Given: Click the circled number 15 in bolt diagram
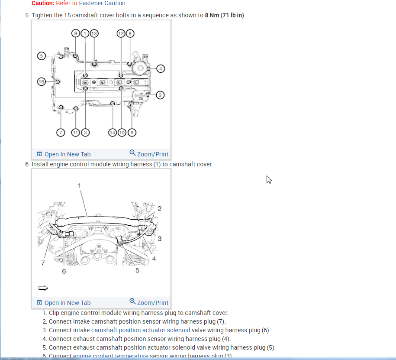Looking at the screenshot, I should click(41, 81).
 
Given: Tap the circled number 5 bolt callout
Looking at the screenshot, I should click(41, 56).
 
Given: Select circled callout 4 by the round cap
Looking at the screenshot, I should click(160, 68).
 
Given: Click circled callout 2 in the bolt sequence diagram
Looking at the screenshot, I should click(160, 95).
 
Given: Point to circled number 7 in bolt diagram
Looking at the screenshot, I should click(61, 132).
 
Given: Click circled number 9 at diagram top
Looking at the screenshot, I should click(76, 33).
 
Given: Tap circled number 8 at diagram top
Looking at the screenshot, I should click(129, 33).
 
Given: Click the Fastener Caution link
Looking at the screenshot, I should click(103, 3).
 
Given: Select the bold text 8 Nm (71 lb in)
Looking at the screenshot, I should click(225, 15).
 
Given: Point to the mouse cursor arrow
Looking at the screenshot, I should click(269, 179).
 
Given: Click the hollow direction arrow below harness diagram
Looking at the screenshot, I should click(43, 288).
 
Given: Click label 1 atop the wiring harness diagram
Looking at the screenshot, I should click(79, 185).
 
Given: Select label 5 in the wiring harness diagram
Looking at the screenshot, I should click(137, 271).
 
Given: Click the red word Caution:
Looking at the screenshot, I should click(43, 3).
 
